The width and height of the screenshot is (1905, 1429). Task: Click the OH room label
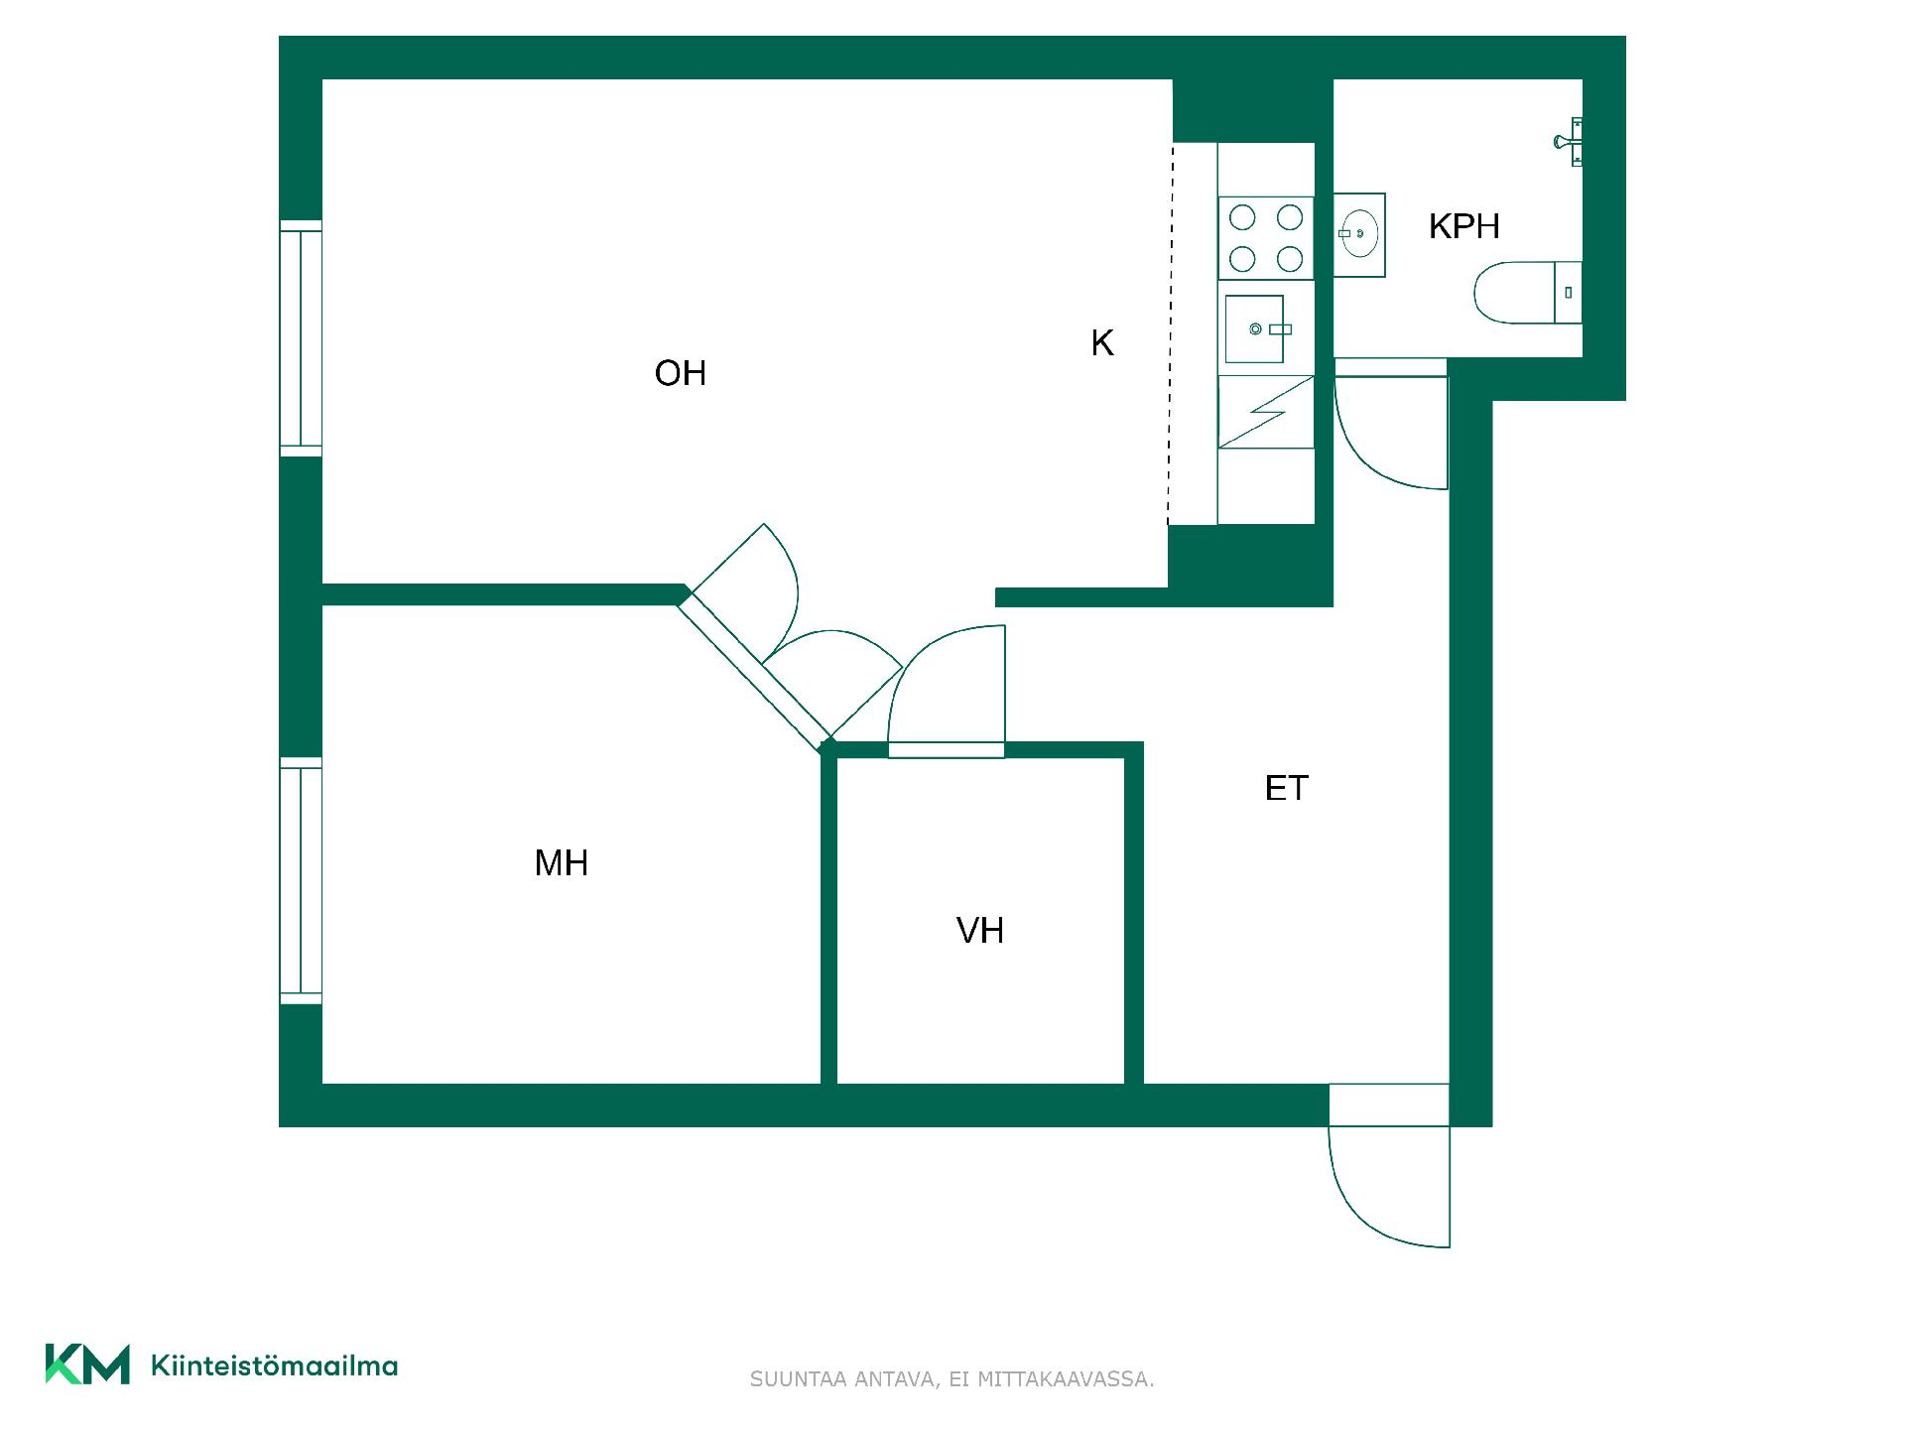[x=681, y=373]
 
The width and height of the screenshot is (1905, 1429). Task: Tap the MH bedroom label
[x=562, y=863]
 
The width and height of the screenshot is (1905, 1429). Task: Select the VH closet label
[x=980, y=931]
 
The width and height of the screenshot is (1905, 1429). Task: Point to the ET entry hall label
[x=1287, y=788]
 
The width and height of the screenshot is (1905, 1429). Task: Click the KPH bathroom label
[x=1464, y=226]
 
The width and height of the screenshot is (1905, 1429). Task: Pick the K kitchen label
[x=1102, y=343]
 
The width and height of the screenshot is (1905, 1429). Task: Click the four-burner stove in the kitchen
[x=1266, y=238]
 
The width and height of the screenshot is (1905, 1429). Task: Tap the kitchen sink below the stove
[x=1255, y=328]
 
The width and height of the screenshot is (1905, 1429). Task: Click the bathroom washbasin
[x=1359, y=234]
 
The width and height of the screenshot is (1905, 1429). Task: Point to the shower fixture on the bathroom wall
[x=1569, y=142]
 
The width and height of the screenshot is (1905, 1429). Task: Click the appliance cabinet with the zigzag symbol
[x=1266, y=412]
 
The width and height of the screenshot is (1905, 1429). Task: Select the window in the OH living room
[x=301, y=338]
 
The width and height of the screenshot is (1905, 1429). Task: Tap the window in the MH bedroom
[x=301, y=881]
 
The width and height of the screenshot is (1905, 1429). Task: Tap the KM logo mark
[x=87, y=1364]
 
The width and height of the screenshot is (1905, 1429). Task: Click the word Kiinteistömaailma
[x=274, y=1365]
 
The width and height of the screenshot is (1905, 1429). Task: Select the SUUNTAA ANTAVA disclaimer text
[x=952, y=1379]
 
